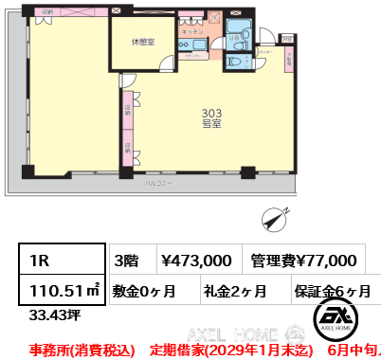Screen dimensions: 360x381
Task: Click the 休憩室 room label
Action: [x=144, y=41]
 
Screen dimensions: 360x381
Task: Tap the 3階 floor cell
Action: [x=127, y=260]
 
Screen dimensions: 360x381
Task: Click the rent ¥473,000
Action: [x=196, y=260]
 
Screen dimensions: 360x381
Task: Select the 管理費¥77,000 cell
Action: [x=303, y=260]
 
